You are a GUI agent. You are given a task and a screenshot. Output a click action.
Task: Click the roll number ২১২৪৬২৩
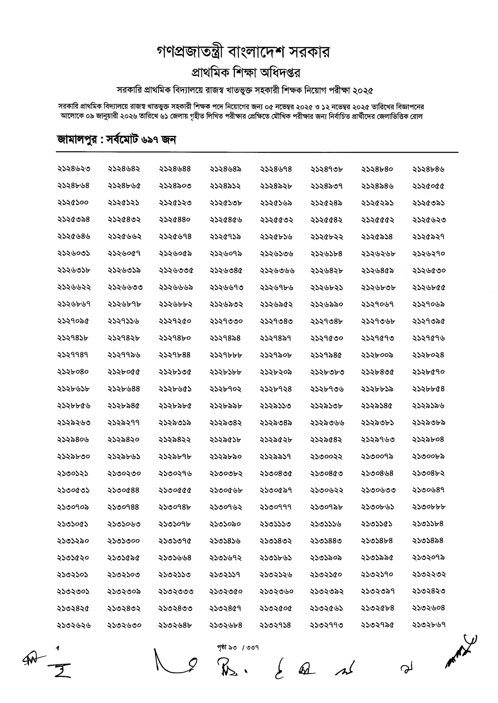tap(74, 169)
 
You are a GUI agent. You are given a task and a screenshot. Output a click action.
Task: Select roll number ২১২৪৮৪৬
tap(428, 169)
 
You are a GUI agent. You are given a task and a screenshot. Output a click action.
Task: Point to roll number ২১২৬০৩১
tap(73, 254)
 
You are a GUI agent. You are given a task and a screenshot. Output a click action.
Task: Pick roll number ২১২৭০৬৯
tap(428, 304)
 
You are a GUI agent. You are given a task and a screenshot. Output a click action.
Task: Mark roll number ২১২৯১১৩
tap(275, 406)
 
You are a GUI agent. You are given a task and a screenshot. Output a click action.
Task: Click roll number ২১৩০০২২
tap(326, 456)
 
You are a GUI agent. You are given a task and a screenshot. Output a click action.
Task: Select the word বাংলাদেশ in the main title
tap(256, 52)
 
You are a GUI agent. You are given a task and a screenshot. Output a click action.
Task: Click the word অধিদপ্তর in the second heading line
tap(280, 73)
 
